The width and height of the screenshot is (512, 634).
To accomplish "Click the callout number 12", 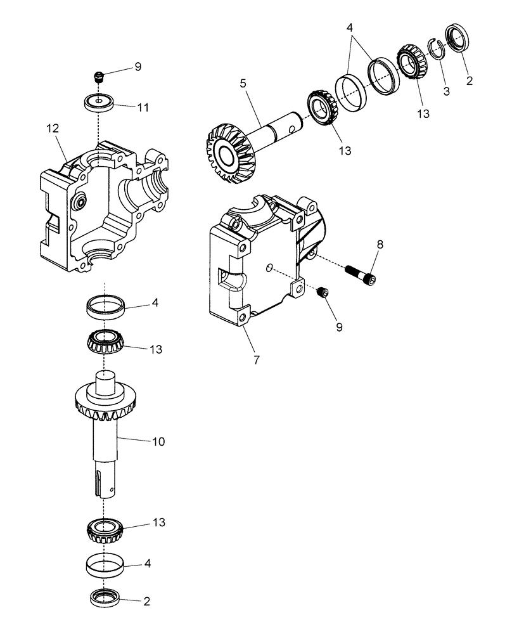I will click(x=53, y=128).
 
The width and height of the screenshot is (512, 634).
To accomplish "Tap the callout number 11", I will click(x=143, y=107).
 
